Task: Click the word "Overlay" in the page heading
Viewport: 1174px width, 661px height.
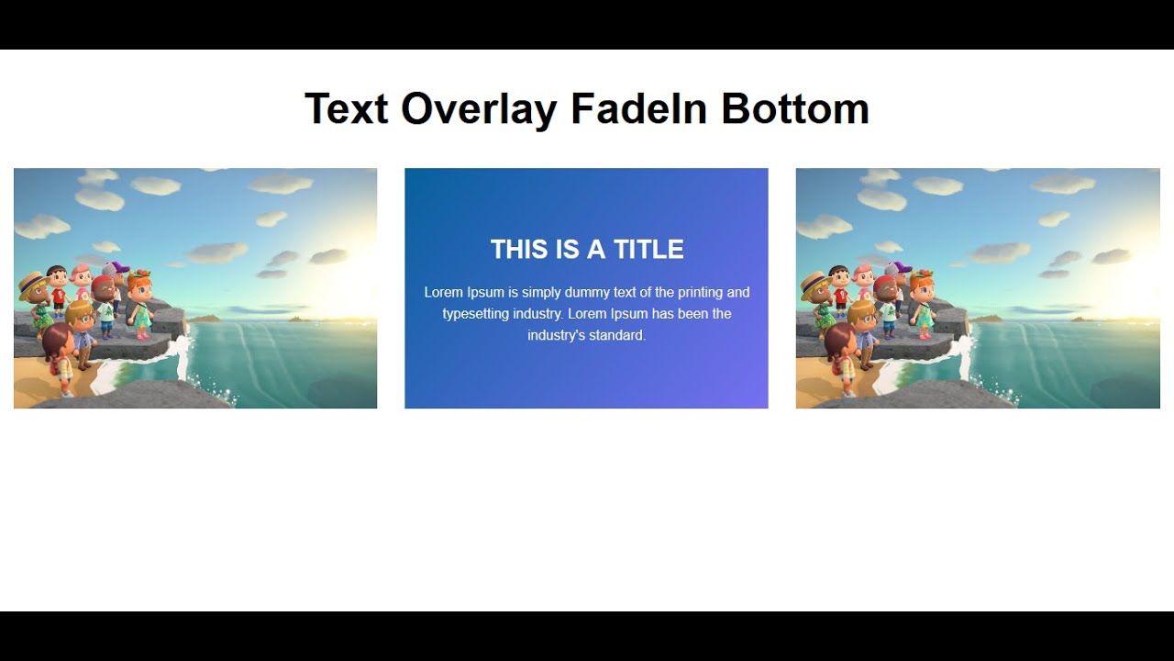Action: click(x=478, y=109)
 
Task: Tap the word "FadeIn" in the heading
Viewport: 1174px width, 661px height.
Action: click(x=638, y=109)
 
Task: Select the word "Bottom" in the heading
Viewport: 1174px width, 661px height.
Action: click(x=794, y=109)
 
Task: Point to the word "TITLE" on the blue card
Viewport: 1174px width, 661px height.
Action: click(x=648, y=250)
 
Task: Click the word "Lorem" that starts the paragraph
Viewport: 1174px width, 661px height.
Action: click(x=443, y=293)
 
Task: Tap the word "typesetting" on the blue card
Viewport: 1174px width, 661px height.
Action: click(x=477, y=314)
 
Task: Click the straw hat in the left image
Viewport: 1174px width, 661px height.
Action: click(x=34, y=281)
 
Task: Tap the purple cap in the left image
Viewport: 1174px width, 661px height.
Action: click(x=116, y=268)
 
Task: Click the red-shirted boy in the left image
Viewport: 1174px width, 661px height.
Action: click(x=59, y=289)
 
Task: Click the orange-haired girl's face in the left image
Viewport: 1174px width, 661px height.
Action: click(x=140, y=289)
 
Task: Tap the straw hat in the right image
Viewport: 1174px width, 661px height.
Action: click(x=815, y=281)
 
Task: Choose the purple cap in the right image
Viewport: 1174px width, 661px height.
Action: click(x=899, y=268)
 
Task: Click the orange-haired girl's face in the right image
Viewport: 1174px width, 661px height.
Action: click(x=923, y=289)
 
